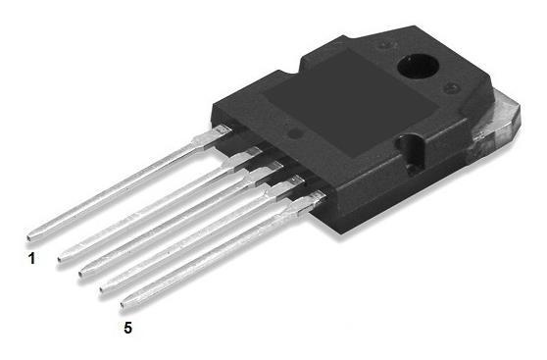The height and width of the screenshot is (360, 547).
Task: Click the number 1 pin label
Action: pyautogui.click(x=31, y=259)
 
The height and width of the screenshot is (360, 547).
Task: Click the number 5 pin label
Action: pyautogui.click(x=128, y=327)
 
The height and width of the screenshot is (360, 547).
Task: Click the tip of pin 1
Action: pyautogui.click(x=30, y=235)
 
